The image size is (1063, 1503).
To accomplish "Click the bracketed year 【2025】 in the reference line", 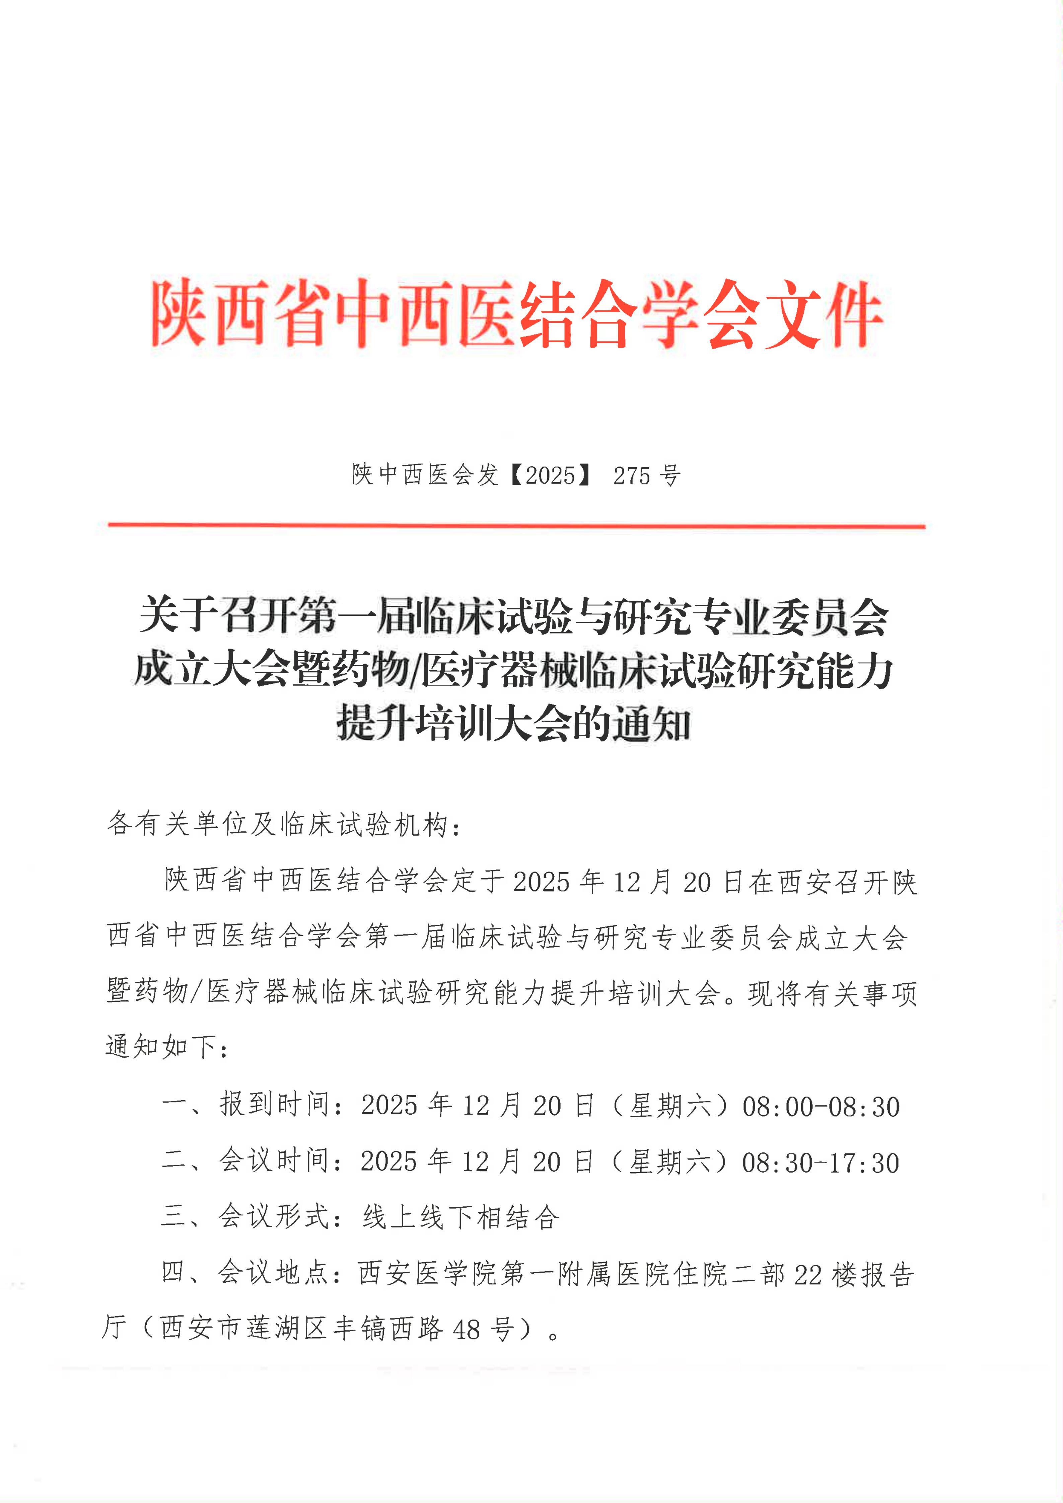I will click(x=550, y=475).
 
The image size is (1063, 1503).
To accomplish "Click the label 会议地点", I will click(x=273, y=1273).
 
